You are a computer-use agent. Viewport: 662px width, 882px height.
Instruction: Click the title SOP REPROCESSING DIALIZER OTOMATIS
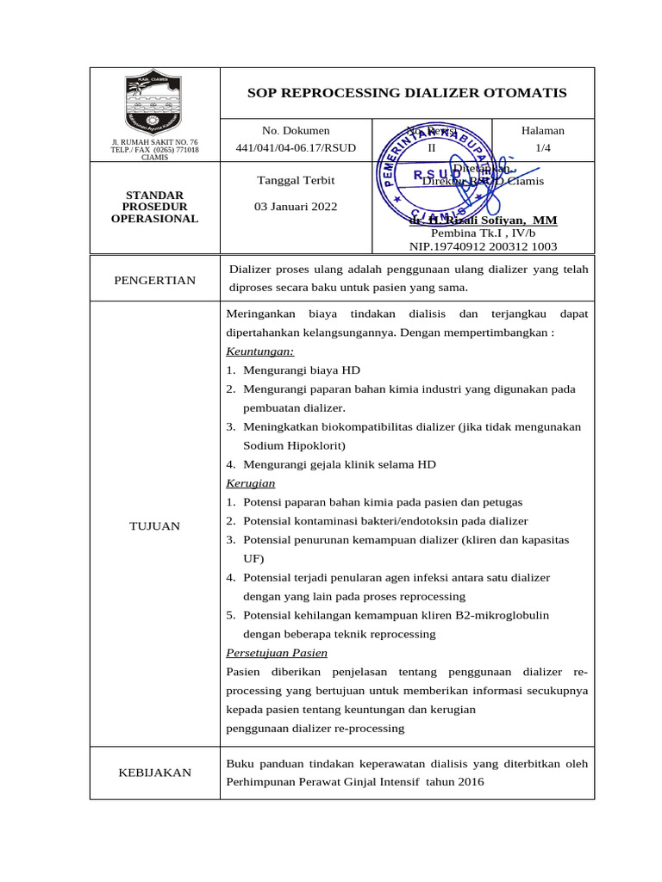[x=407, y=93]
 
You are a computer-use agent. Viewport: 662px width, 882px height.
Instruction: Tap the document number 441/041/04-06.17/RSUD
[x=296, y=148]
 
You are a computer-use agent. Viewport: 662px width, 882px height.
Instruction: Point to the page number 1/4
[x=542, y=148]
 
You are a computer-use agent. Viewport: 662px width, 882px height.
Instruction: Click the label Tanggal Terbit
[x=297, y=181]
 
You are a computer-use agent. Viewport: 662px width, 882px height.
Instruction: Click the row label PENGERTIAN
[x=154, y=280]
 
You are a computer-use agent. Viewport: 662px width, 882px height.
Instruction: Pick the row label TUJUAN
[x=154, y=525]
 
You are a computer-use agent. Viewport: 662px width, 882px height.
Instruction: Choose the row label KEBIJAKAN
[x=154, y=773]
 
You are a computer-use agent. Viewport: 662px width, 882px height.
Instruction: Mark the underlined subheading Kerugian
[x=251, y=483]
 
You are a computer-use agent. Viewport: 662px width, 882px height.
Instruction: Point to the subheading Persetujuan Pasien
[x=277, y=653]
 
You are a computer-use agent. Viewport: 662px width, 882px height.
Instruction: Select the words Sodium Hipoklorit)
[x=294, y=445]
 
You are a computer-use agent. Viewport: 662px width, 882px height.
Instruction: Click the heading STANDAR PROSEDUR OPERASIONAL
[x=154, y=207]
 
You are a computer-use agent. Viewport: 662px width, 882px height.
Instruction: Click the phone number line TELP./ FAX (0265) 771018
[x=154, y=150]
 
